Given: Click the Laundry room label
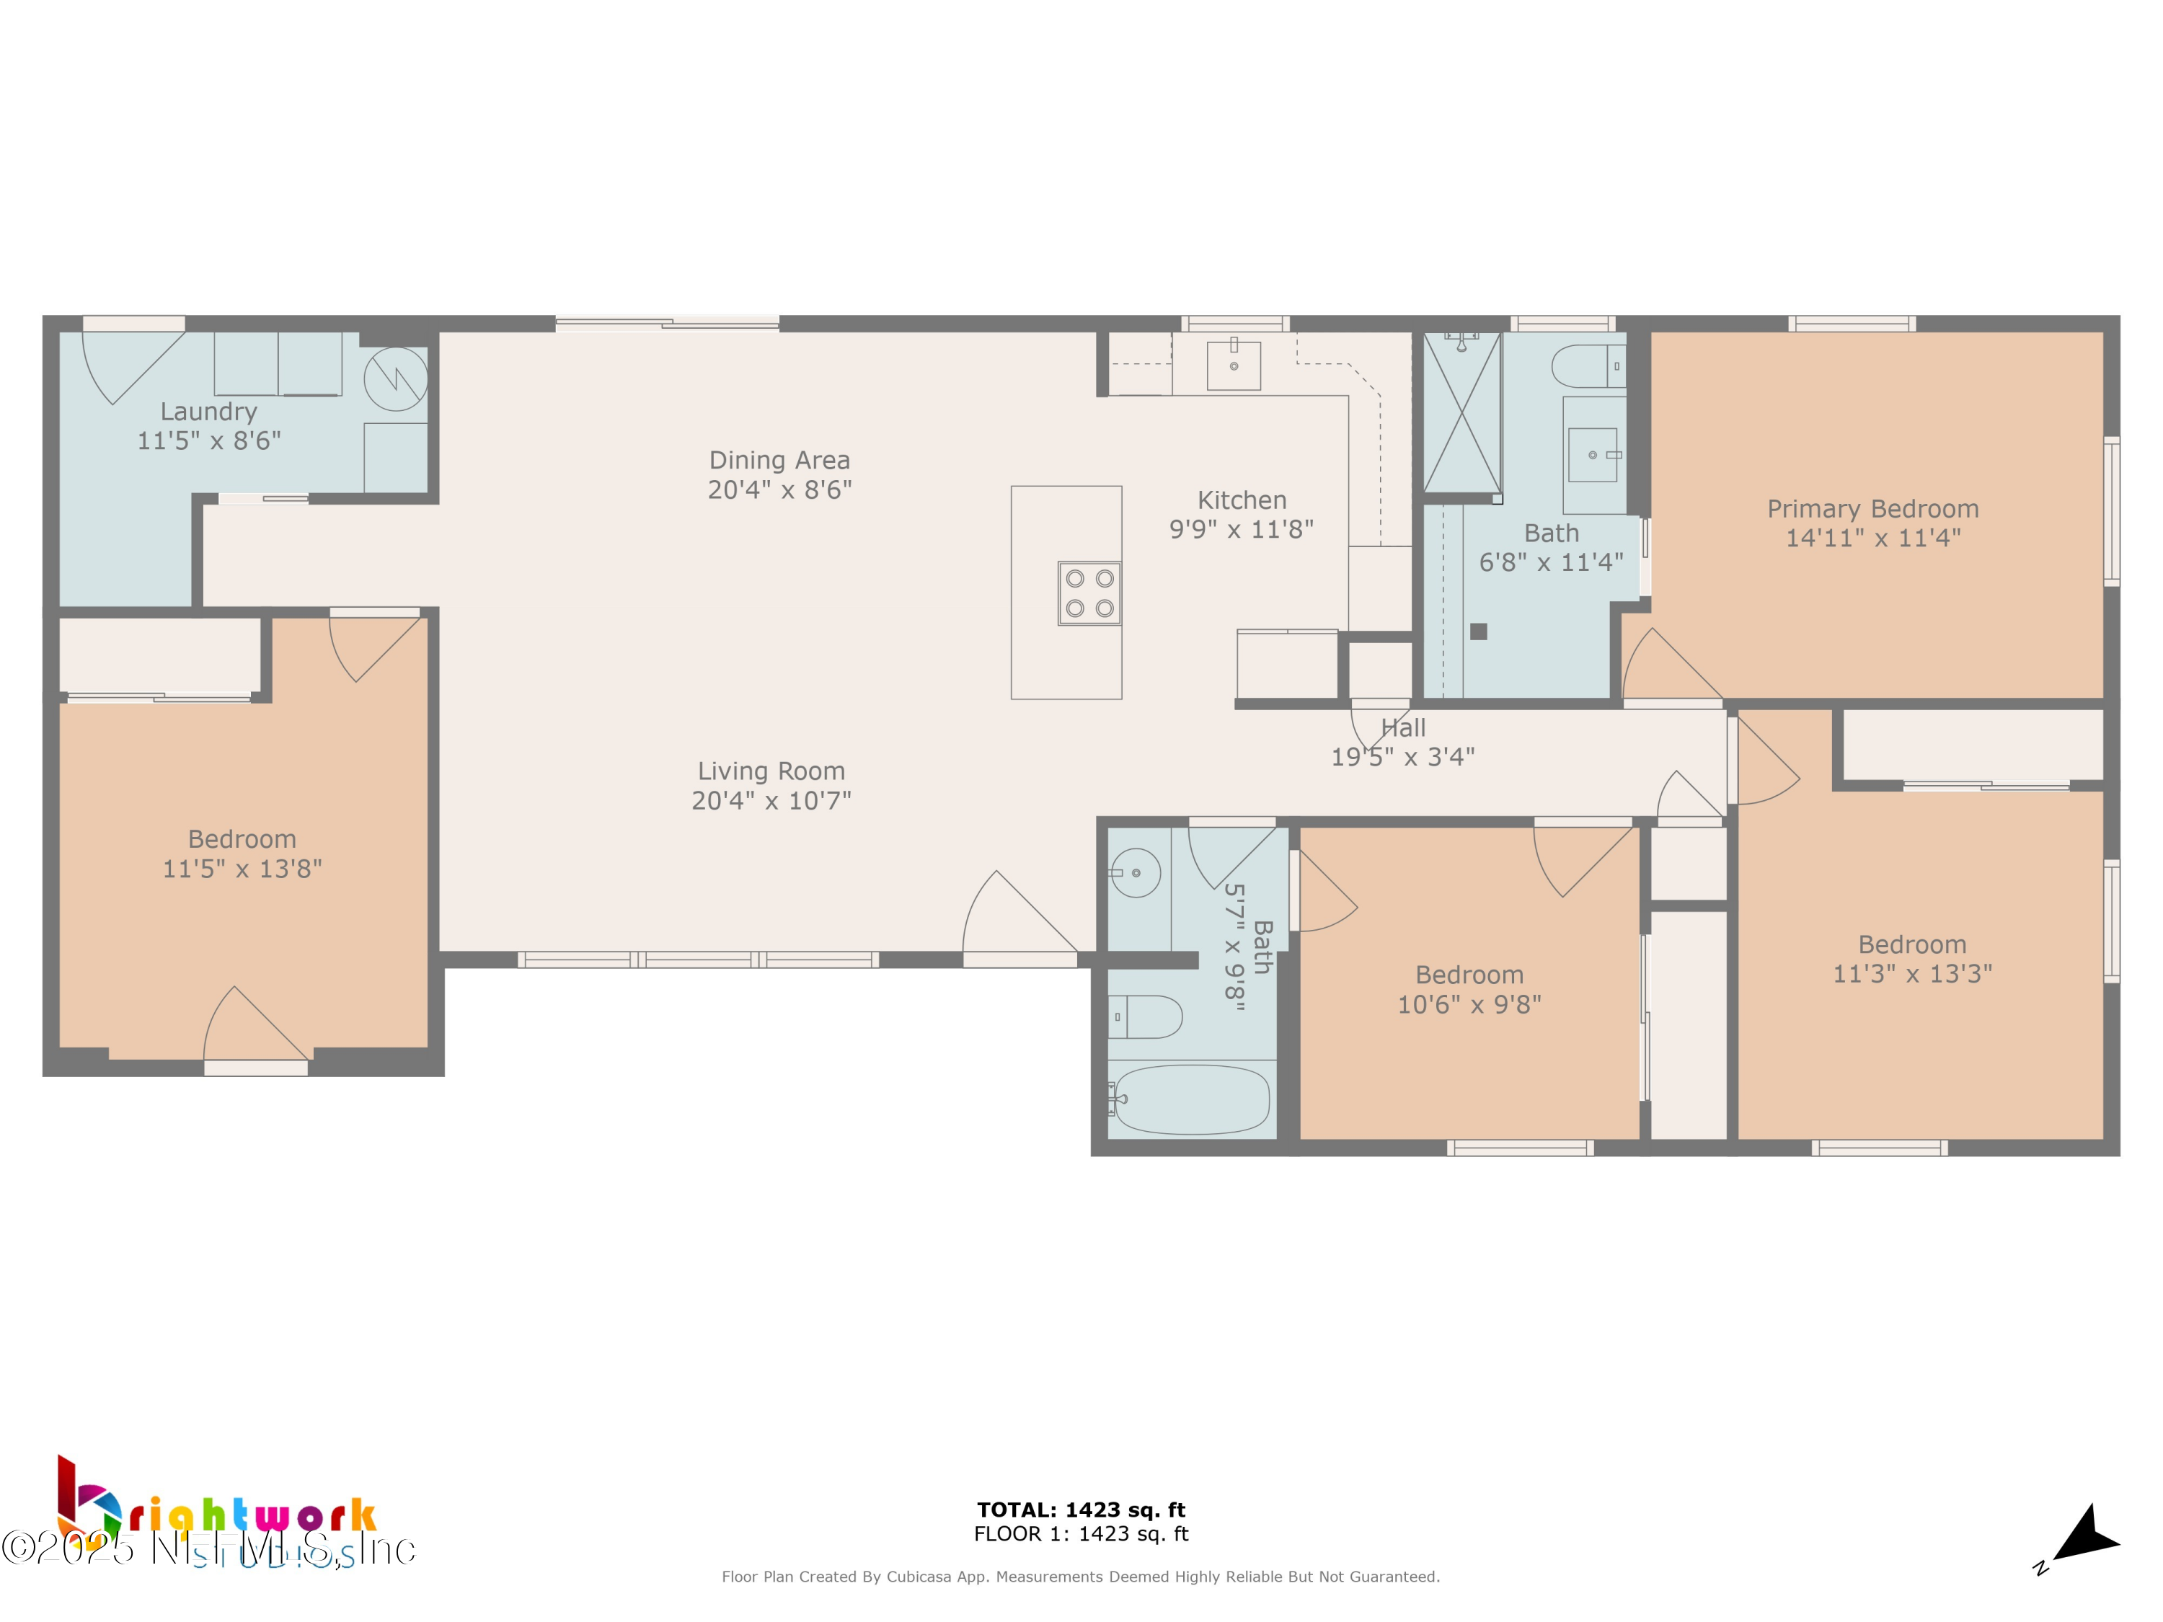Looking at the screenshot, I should click(x=208, y=412).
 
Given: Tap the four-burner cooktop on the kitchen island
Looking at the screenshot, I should click(x=1089, y=593).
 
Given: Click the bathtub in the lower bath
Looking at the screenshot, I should click(x=1192, y=1099).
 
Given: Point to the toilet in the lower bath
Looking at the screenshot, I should click(x=1146, y=1016).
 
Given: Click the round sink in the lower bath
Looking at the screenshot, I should click(x=1136, y=872).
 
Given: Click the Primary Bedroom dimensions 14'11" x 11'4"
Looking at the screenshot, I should click(x=1872, y=538).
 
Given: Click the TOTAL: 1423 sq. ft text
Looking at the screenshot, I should click(x=1081, y=1510).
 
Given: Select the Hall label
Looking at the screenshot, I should click(x=1403, y=728).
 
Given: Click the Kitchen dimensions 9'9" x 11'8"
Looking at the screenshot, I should click(x=1241, y=529).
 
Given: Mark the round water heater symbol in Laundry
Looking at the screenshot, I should click(x=396, y=378).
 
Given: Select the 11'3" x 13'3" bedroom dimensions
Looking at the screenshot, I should click(x=1911, y=972).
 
